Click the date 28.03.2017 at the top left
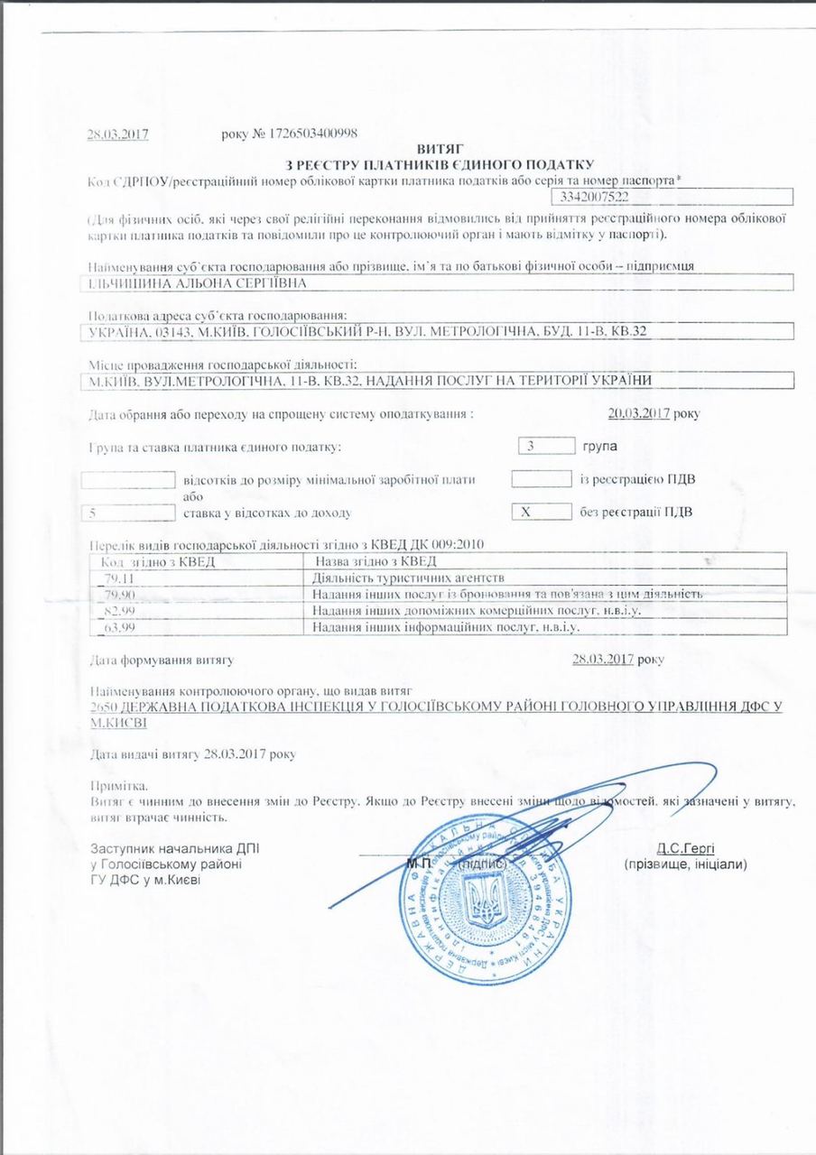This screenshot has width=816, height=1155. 117,134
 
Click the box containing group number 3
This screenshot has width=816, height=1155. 547,446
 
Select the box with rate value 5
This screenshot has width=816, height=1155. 127,513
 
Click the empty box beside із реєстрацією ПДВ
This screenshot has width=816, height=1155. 542,478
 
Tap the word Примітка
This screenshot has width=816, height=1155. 119,786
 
